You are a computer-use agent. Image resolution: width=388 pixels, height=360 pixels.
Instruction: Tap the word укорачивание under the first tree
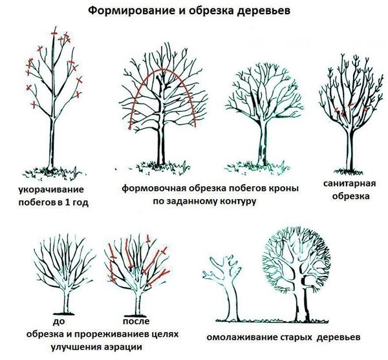click(x=52, y=190)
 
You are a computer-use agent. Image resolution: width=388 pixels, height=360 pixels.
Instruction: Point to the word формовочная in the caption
click(x=154, y=189)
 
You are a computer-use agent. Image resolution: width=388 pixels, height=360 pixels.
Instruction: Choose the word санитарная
click(x=350, y=184)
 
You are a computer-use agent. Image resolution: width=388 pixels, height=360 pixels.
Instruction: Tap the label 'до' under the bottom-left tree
click(x=59, y=321)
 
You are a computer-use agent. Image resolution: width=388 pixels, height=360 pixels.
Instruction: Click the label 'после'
click(x=136, y=321)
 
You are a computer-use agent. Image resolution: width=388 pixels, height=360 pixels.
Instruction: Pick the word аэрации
click(x=125, y=346)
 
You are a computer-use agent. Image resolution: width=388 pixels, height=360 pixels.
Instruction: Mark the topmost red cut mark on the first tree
click(x=54, y=33)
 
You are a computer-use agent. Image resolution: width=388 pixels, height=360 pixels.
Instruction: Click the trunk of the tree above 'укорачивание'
click(x=51, y=143)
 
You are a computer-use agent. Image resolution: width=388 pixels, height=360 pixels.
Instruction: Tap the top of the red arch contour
click(x=162, y=69)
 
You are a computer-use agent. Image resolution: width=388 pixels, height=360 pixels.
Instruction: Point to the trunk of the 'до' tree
click(x=66, y=301)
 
